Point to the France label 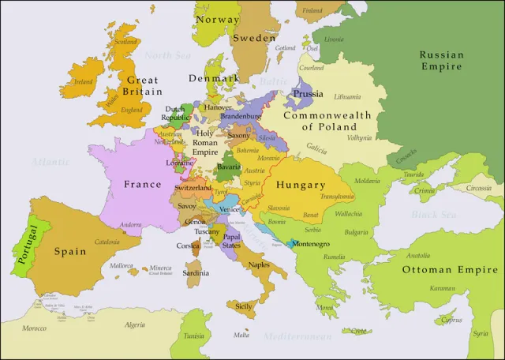[142, 185]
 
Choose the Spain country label [69, 252]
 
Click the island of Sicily [245, 306]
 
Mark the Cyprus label [452, 321]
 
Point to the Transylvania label [336, 197]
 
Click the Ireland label [82, 81]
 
